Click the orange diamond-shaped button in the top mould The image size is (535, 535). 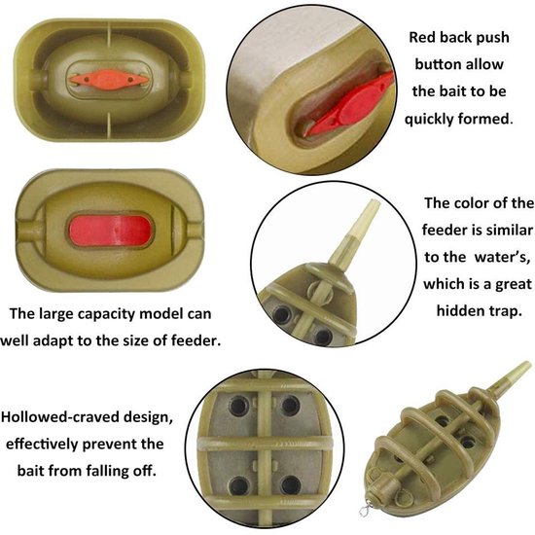[109, 80]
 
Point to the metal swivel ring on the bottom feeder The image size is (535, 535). [365, 511]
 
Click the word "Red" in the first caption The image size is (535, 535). [421, 38]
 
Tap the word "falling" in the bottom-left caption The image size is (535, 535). [107, 471]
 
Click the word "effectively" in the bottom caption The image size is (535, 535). [42, 444]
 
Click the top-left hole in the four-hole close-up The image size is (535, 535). [238, 406]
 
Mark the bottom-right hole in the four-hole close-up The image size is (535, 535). [291, 485]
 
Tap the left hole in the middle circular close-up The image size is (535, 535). [282, 313]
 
